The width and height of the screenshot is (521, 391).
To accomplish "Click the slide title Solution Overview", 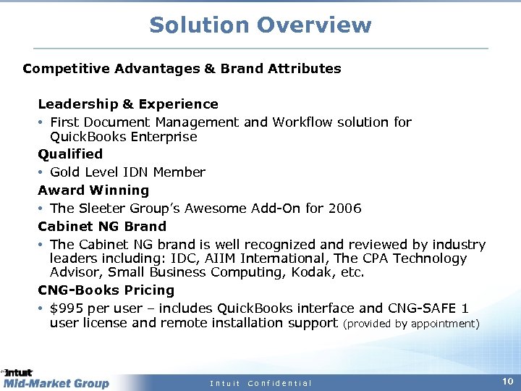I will point(260,25).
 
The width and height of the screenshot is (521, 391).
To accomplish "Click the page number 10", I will point(507,381).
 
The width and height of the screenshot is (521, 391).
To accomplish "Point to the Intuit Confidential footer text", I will point(260,383).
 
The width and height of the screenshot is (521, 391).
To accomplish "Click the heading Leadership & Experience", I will point(128,104).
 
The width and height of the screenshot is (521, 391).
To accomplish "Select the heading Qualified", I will point(70,154).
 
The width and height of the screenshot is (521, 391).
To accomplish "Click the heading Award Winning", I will point(93,190).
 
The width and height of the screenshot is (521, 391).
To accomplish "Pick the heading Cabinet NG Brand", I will point(102,227).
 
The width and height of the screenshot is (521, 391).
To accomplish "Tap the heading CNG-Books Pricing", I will point(106,290).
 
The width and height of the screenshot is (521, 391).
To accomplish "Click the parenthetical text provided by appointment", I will point(410,324).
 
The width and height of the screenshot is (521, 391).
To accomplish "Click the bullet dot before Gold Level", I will point(41,172).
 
